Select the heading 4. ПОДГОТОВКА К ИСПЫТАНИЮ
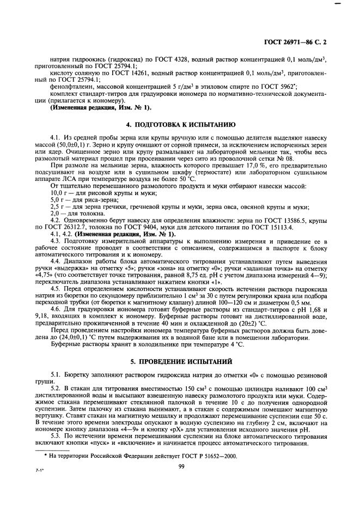click(x=180, y=125)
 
